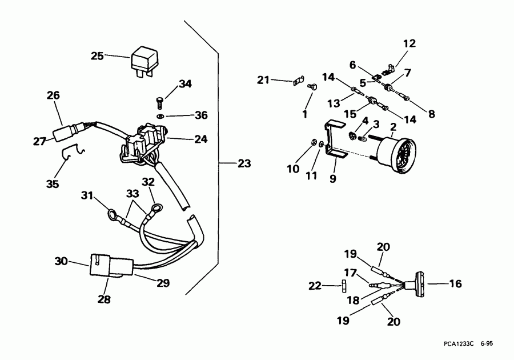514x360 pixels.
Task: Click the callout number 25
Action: pos(98,56)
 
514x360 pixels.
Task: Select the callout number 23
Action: pos(244,164)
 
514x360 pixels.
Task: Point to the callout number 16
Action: pos(455,283)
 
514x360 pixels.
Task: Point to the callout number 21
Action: pos(263,80)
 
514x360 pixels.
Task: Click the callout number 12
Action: pos(409,43)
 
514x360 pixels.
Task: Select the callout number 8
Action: pos(431,114)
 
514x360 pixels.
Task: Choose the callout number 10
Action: pos(292,169)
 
